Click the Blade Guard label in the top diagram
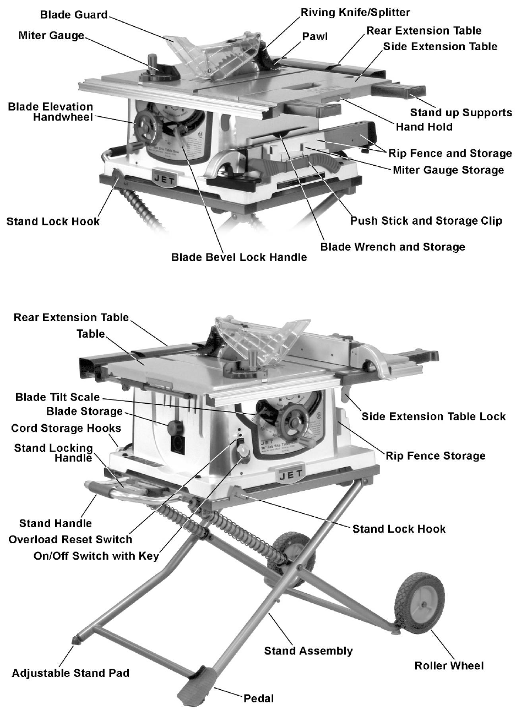click(74, 15)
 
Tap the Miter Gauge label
click(51, 36)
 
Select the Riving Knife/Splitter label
click(355, 12)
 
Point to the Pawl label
click(314, 36)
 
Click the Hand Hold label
click(424, 127)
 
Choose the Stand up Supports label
click(461, 113)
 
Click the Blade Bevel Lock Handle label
click(239, 257)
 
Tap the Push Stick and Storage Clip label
click(426, 221)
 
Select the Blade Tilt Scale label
click(58, 397)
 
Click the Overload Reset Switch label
click(70, 539)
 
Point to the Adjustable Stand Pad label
click(70, 673)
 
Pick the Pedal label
click(258, 698)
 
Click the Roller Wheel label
click(449, 665)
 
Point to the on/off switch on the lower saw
click(243, 452)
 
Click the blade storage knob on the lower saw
click(175, 427)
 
